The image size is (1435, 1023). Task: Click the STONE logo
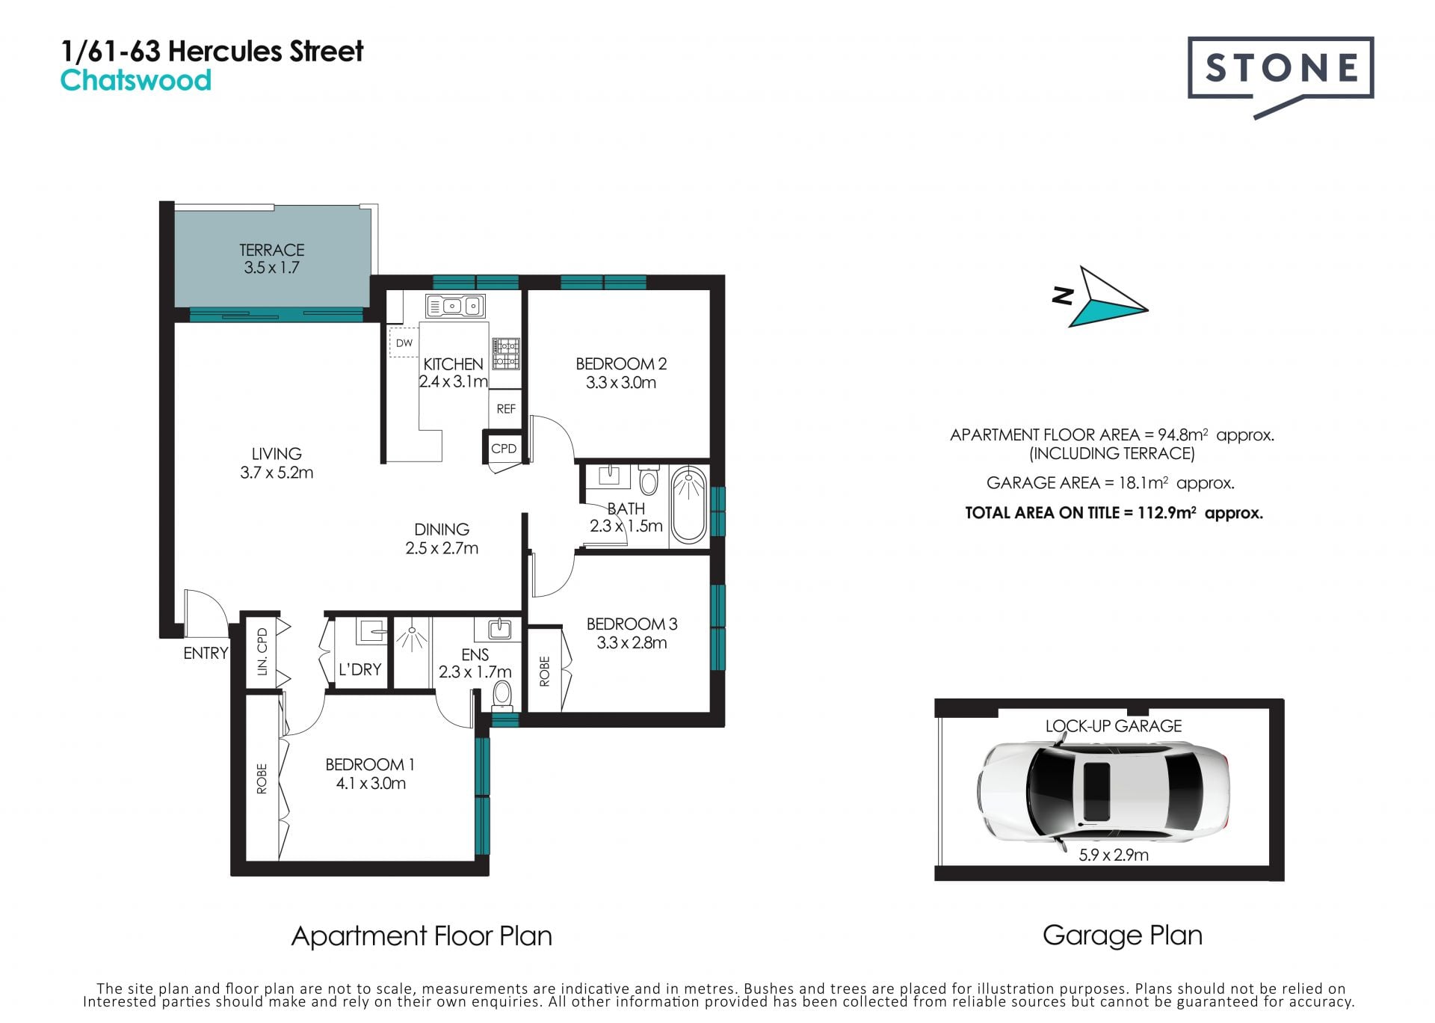(1280, 75)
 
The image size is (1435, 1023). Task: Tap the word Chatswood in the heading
(135, 81)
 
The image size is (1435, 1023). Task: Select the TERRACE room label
(271, 250)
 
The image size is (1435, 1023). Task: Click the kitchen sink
(455, 306)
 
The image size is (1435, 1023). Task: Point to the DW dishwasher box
(404, 343)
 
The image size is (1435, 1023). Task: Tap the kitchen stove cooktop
(505, 353)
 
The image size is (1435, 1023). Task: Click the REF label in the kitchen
(506, 409)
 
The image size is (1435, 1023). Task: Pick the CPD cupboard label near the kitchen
(504, 449)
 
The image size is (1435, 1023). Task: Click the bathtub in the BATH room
(688, 505)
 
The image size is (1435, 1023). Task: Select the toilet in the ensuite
(502, 693)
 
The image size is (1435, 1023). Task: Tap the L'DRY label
(359, 669)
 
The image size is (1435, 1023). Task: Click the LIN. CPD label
(262, 652)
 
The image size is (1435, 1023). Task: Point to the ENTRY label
(206, 653)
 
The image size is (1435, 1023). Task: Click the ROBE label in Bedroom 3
(544, 671)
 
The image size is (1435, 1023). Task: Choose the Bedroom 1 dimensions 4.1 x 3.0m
(371, 783)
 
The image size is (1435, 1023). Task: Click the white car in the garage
(1102, 790)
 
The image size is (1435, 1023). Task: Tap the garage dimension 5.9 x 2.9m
(1114, 855)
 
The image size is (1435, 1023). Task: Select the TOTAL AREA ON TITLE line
(1114, 513)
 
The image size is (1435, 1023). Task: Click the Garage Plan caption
(1122, 936)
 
